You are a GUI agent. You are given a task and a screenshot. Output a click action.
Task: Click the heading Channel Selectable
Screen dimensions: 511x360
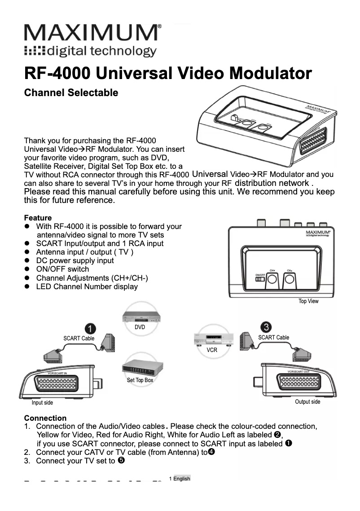71,93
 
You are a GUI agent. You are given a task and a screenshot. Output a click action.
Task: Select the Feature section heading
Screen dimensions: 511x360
38,218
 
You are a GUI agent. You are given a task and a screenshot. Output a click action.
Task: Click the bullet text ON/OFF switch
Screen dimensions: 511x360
62,269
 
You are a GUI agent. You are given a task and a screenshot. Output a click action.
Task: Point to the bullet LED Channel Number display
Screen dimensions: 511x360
87,286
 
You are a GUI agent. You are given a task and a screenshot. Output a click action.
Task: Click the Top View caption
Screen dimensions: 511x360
308,301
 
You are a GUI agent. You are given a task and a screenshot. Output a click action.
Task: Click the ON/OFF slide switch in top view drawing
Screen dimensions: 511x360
260,279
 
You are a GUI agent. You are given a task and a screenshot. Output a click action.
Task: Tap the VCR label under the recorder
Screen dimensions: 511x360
211,349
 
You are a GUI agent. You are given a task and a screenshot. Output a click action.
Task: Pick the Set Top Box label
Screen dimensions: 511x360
140,380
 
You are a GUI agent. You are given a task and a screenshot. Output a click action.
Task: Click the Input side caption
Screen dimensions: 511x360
42,403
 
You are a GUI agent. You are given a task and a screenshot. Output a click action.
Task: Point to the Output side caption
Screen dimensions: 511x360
307,402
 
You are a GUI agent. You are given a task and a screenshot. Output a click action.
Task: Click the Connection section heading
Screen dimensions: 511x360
45,418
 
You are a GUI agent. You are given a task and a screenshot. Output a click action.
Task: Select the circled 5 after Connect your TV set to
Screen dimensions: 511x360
121,460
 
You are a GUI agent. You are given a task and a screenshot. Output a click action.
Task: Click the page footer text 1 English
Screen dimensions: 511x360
180,479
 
